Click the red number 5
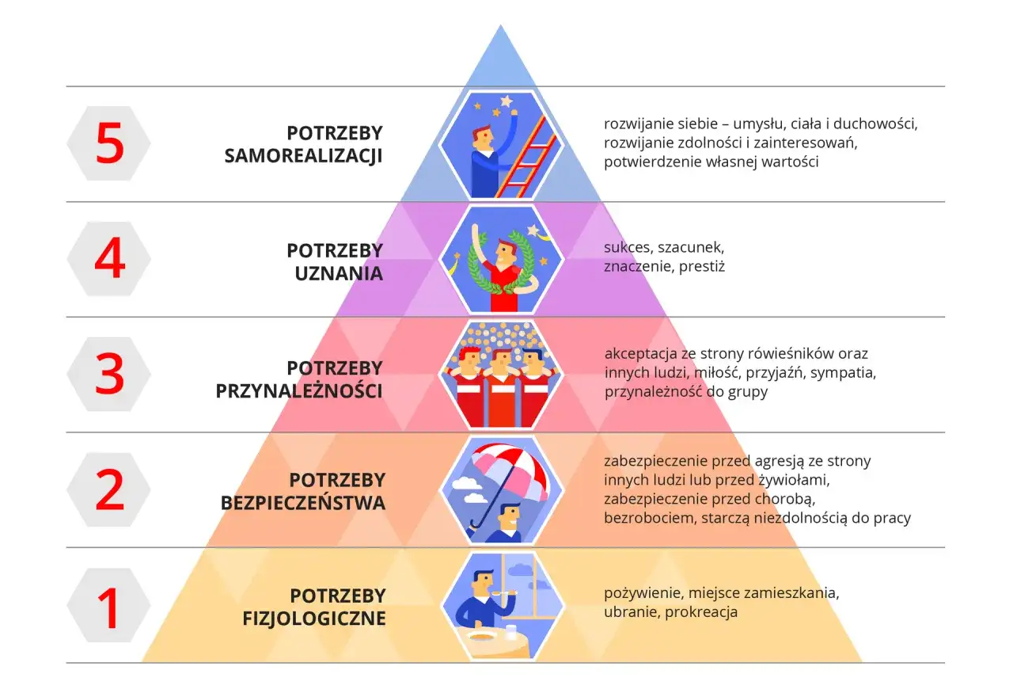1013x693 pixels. [x=109, y=144]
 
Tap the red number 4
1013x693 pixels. [x=109, y=258]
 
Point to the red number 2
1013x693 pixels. [x=109, y=490]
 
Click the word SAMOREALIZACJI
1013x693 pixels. [x=303, y=156]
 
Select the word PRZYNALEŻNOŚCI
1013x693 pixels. [x=299, y=391]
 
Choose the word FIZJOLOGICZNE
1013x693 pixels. [x=314, y=618]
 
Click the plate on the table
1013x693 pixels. [x=480, y=636]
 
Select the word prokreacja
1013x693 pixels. [x=701, y=612]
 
